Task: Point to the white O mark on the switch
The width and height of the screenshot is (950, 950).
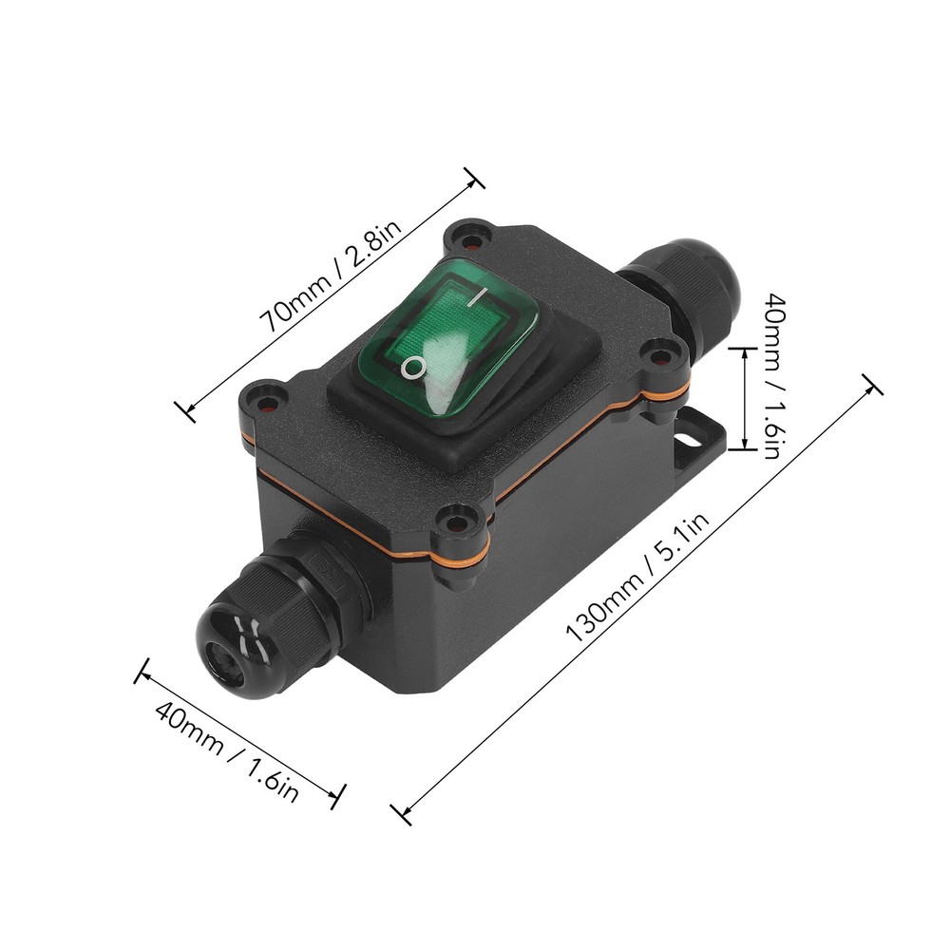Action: [410, 367]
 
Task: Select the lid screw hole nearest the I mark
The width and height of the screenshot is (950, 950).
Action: [467, 234]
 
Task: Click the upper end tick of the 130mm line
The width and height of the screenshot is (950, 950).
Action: [872, 384]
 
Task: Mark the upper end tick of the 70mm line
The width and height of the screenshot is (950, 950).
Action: [473, 178]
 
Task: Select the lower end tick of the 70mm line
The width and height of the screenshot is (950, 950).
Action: [187, 410]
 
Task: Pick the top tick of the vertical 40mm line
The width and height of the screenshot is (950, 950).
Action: [743, 348]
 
